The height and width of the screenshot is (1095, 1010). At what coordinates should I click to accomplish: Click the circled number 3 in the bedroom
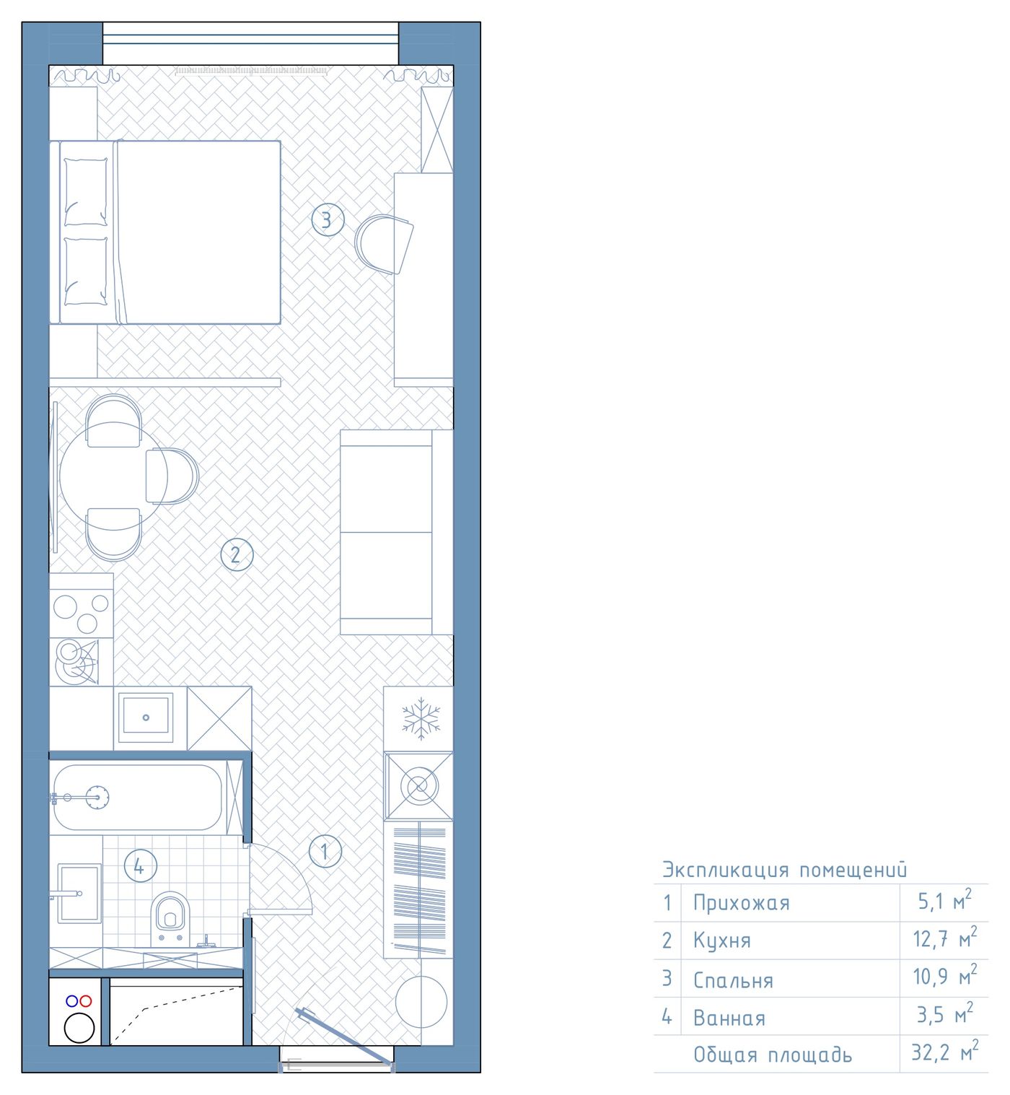(328, 220)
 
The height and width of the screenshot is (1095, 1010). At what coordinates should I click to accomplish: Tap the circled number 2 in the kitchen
(237, 554)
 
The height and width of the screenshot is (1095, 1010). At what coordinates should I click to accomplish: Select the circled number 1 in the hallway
(325, 851)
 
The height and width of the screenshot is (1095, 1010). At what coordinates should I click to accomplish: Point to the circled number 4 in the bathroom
(141, 866)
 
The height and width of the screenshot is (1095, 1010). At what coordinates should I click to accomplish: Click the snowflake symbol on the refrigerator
(421, 718)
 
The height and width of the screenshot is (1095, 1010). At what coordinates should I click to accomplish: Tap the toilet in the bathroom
(170, 918)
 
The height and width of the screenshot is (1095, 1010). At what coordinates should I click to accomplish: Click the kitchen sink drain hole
(146, 717)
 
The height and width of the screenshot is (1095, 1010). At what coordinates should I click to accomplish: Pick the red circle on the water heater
(85, 1000)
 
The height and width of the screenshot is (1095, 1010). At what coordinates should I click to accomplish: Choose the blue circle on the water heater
(71, 1000)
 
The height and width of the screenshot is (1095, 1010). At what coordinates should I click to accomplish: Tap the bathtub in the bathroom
(138, 798)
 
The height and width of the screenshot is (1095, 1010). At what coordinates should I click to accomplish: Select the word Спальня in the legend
(733, 980)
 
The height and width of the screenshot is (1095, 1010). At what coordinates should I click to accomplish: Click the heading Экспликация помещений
(784, 870)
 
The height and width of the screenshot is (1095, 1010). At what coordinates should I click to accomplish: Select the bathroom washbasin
(79, 893)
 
